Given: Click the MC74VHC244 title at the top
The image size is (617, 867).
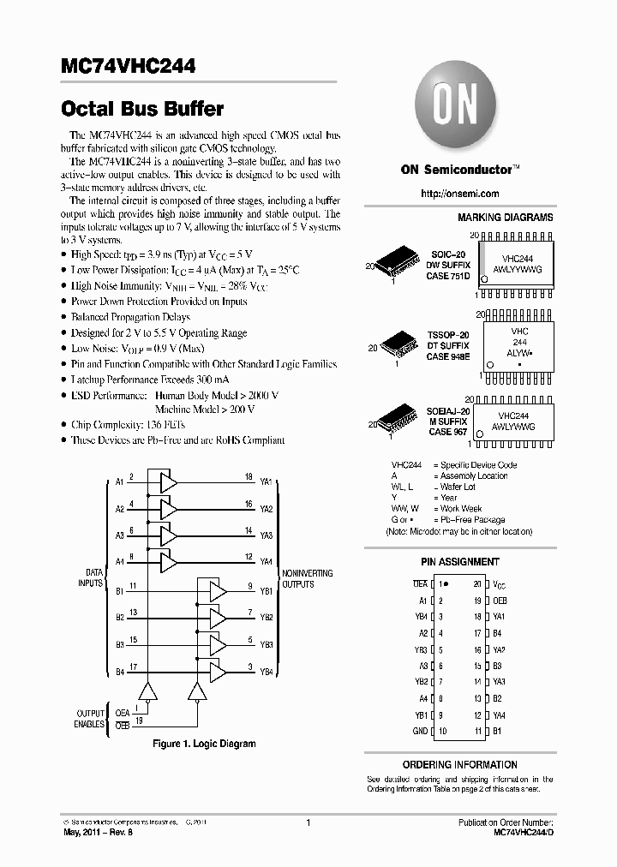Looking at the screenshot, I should tap(129, 65).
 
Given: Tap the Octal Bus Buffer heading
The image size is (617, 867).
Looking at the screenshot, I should tap(143, 109).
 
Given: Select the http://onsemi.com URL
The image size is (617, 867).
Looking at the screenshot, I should tap(459, 194).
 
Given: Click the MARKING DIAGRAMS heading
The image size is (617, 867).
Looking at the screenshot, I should tap(505, 218).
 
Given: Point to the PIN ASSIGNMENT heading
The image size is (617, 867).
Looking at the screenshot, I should tap(459, 562).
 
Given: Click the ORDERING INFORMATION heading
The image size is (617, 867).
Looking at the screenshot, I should tap(459, 764).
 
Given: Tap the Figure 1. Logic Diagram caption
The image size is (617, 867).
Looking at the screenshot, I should tap(204, 744).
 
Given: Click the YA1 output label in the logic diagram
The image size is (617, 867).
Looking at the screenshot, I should tap(266, 482).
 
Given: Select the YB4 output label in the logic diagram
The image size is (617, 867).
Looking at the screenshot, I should tap(266, 673).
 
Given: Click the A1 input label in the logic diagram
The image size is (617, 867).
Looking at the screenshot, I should tap(120, 482).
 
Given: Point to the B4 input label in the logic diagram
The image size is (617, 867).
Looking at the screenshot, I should tap(120, 673).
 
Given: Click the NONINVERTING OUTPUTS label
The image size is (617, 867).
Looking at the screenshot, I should tap(307, 579).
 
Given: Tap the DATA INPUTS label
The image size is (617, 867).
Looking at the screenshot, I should tap(94, 579).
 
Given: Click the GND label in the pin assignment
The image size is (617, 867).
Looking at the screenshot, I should tap(419, 731).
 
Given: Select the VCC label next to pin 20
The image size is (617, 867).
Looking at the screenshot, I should tap(500, 584).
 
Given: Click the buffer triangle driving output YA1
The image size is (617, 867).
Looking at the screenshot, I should tap(169, 482).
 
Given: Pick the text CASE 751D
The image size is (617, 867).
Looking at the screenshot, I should tap(448, 277).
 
